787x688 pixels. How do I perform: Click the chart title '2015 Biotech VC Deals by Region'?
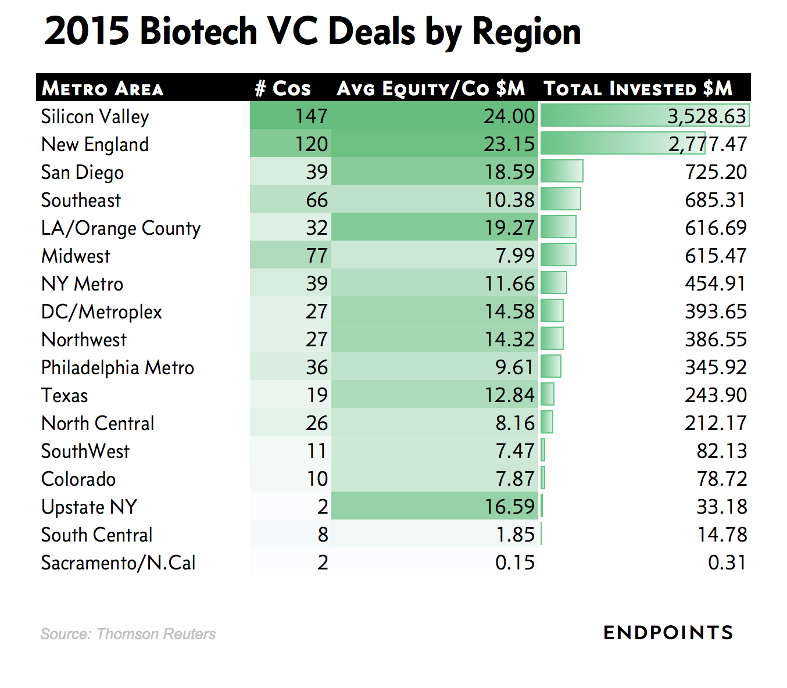click(312, 31)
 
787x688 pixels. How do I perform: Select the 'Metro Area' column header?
click(102, 88)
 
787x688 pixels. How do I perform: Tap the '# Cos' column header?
click(283, 88)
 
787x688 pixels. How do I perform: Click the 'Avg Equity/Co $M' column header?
click(431, 88)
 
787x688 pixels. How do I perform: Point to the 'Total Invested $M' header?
click(638, 88)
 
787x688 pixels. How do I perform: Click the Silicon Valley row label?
click(95, 117)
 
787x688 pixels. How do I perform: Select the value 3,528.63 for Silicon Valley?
click(706, 116)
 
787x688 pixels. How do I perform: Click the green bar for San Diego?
click(561, 171)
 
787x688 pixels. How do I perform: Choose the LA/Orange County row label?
click(120, 228)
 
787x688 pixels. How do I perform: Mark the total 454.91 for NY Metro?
click(716, 284)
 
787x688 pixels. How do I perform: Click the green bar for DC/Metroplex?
click(552, 310)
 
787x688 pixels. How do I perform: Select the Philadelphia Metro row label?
click(117, 368)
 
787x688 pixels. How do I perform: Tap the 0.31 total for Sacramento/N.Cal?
click(727, 562)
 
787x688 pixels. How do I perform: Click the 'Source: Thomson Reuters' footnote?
click(128, 634)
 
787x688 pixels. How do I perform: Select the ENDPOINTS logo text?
click(668, 633)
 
